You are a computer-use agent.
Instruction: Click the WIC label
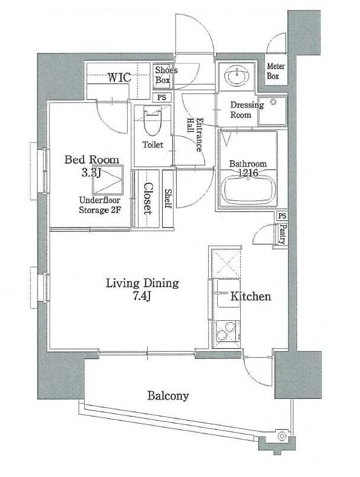(119, 77)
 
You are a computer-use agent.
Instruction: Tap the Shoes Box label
(166, 75)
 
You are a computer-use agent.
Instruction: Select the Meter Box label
(276, 71)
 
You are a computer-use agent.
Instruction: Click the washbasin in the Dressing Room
(237, 76)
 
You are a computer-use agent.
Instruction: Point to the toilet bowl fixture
(152, 121)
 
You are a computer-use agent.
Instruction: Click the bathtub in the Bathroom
(249, 191)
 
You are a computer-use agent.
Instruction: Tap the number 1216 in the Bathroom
(248, 173)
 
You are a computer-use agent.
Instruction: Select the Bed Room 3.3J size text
(91, 173)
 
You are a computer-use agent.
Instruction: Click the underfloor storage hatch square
(108, 180)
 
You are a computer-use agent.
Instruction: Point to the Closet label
(148, 199)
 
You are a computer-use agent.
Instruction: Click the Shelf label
(168, 199)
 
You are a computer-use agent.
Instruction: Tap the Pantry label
(283, 234)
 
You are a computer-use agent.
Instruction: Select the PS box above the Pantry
(282, 216)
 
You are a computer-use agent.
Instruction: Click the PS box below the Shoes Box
(162, 97)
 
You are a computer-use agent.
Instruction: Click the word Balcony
(168, 396)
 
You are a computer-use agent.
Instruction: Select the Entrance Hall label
(195, 134)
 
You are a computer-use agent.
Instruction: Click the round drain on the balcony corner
(283, 436)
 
